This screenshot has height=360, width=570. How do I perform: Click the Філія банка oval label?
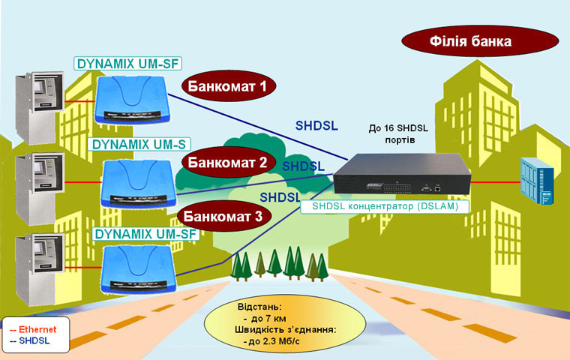(x=480, y=41)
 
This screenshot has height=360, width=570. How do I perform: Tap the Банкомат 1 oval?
(x=229, y=86)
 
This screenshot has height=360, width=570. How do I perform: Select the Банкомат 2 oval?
(x=228, y=162)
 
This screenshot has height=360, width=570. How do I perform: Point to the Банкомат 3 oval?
(x=224, y=216)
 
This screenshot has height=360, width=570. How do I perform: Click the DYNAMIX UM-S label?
(x=139, y=144)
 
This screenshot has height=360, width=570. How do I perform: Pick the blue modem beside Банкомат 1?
(x=132, y=100)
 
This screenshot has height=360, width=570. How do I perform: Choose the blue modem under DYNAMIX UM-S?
(x=139, y=184)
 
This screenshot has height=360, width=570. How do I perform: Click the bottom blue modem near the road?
(x=139, y=269)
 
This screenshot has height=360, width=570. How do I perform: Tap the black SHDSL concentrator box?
(x=402, y=173)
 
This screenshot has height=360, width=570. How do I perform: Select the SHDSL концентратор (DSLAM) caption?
(x=385, y=206)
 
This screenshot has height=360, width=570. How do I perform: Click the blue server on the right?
(x=537, y=181)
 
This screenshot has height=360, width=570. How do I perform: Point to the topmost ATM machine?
(x=39, y=107)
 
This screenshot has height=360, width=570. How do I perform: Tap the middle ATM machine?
(x=39, y=188)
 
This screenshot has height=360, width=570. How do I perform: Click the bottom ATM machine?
(x=39, y=269)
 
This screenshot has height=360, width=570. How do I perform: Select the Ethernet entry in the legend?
(x=33, y=329)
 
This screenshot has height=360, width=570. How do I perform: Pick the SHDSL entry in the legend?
(x=30, y=340)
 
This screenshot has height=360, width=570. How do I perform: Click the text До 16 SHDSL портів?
(x=399, y=133)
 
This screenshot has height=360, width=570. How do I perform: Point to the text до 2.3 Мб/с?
(x=272, y=341)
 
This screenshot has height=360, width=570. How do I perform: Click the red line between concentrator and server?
(x=496, y=181)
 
